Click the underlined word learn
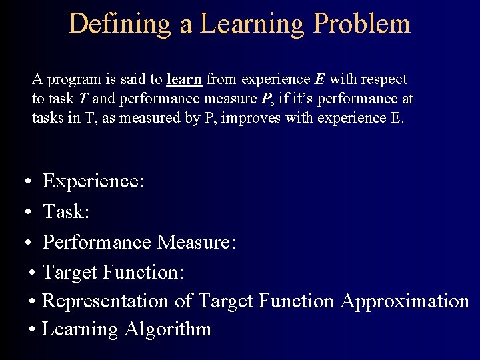coord(184,79)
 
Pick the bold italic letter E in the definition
coord(319,79)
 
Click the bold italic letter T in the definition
coord(83,99)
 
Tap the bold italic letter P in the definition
coord(265,99)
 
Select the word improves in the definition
coord(255,119)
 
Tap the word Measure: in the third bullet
coord(196,242)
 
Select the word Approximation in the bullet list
coord(405,301)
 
